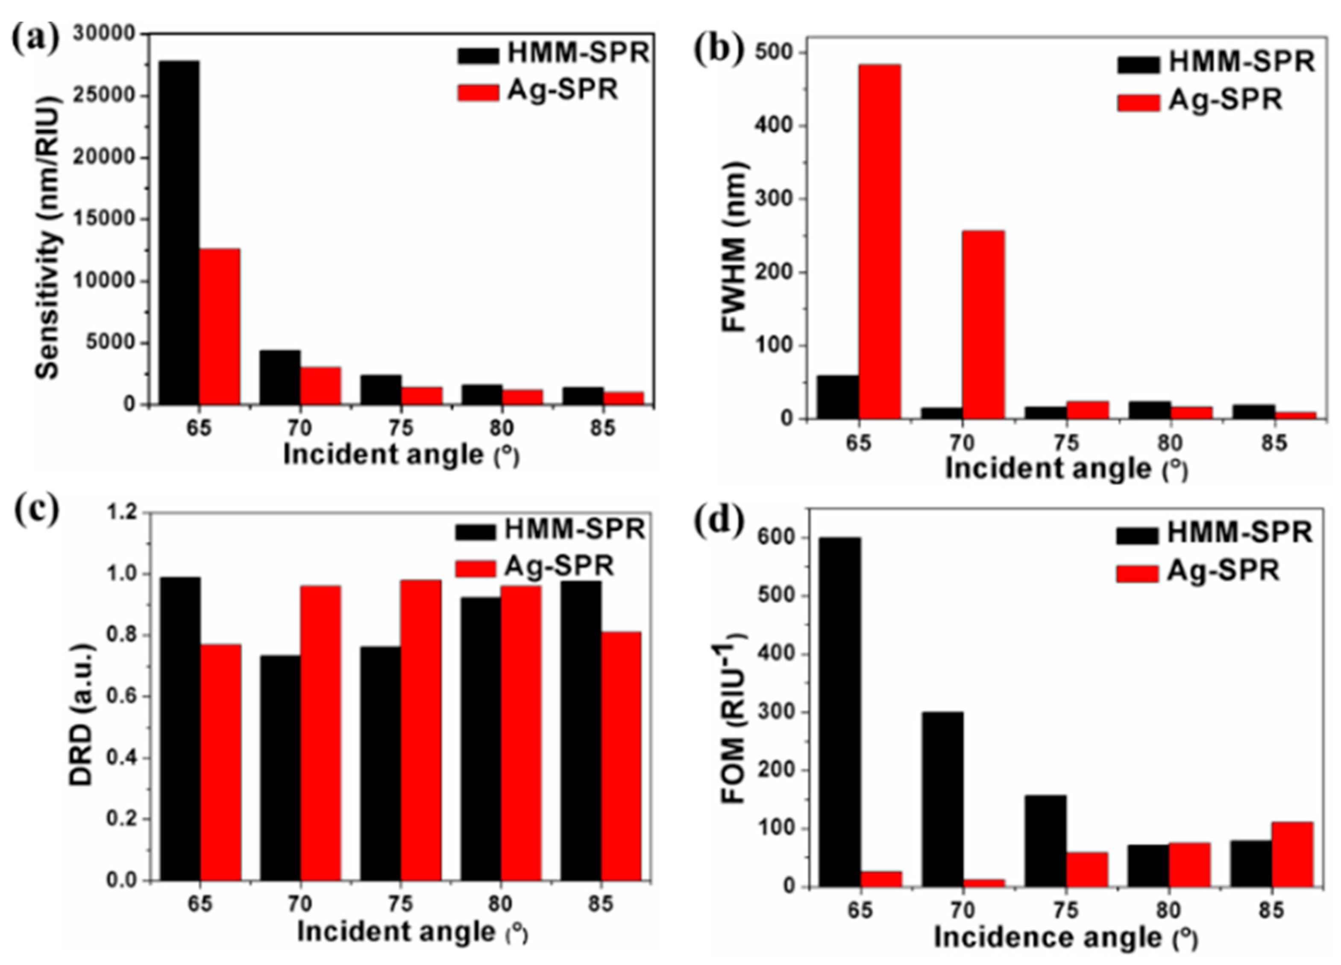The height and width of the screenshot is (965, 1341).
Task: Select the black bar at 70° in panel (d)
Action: (942, 799)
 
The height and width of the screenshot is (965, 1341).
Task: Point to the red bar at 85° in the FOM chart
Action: (1293, 854)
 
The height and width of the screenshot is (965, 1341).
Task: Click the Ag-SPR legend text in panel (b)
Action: (1226, 100)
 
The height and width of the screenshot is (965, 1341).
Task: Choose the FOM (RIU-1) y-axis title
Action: (735, 719)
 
